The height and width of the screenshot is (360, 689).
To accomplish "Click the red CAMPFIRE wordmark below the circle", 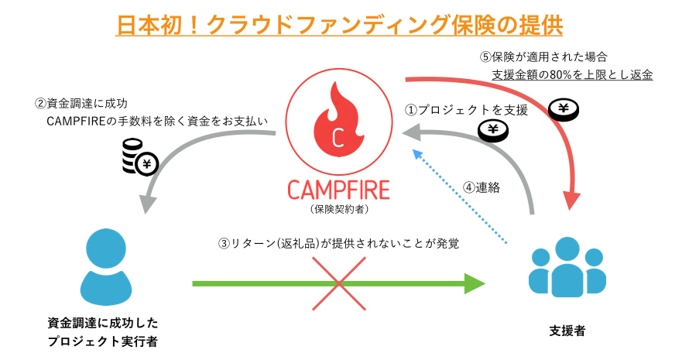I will [338, 190].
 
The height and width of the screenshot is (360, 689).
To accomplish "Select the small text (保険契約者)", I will [338, 209].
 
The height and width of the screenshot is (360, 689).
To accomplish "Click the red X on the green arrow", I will [338, 284].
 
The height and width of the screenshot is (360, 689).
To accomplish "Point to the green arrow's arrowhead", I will [473, 284].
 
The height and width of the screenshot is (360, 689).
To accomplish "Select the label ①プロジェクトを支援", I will [467, 111].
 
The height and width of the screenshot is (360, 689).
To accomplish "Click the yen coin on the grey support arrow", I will [492, 131].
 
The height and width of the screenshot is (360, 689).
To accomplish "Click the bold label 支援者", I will [567, 331].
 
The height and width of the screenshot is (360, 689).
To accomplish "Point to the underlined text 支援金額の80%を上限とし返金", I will [572, 75].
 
